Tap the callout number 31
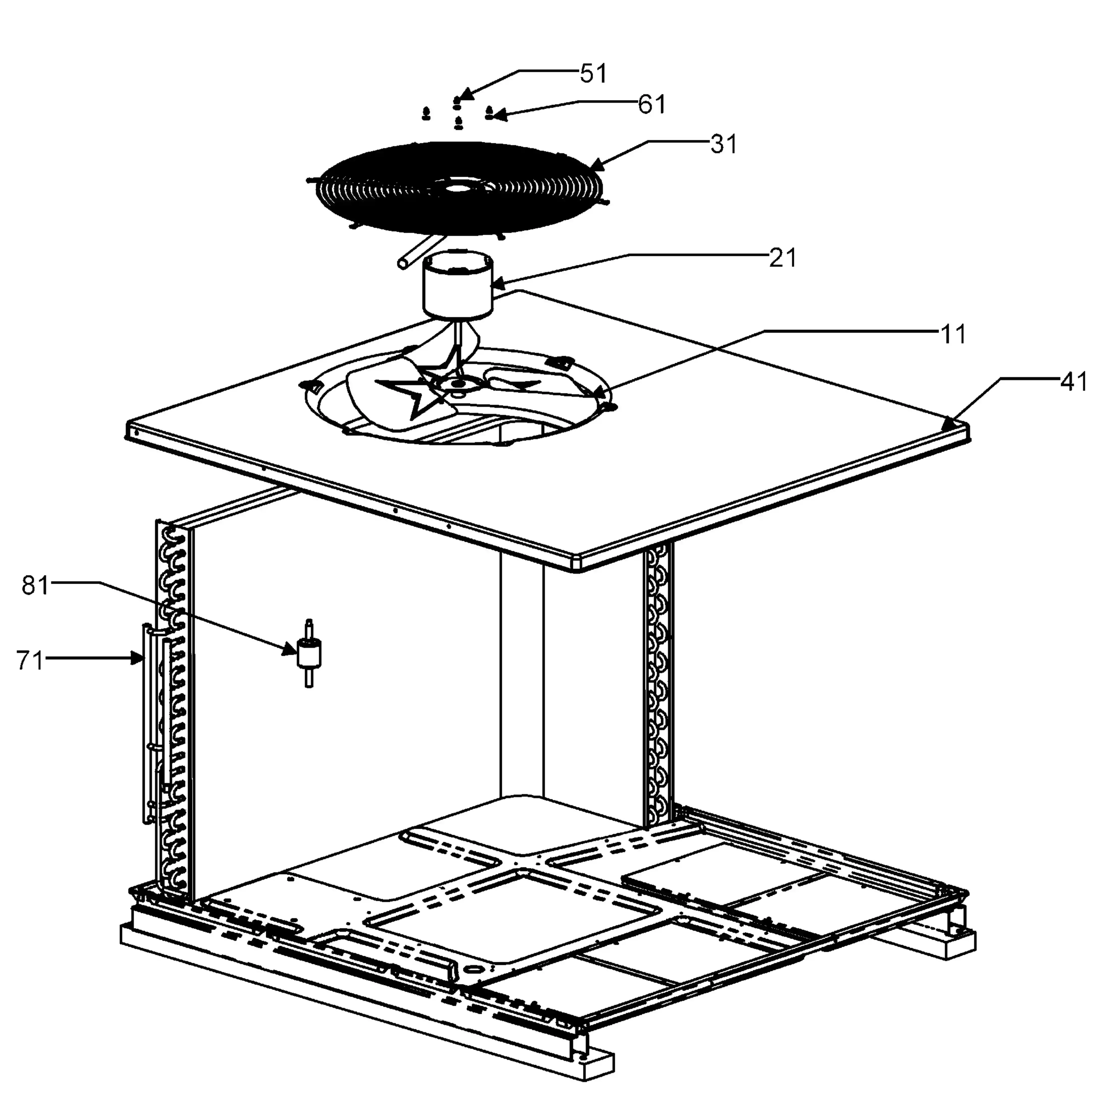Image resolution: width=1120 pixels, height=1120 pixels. tap(724, 144)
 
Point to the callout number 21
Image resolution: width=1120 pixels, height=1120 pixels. tap(783, 257)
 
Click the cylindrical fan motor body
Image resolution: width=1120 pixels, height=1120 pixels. tap(457, 285)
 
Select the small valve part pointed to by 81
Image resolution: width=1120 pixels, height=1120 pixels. tap(309, 653)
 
